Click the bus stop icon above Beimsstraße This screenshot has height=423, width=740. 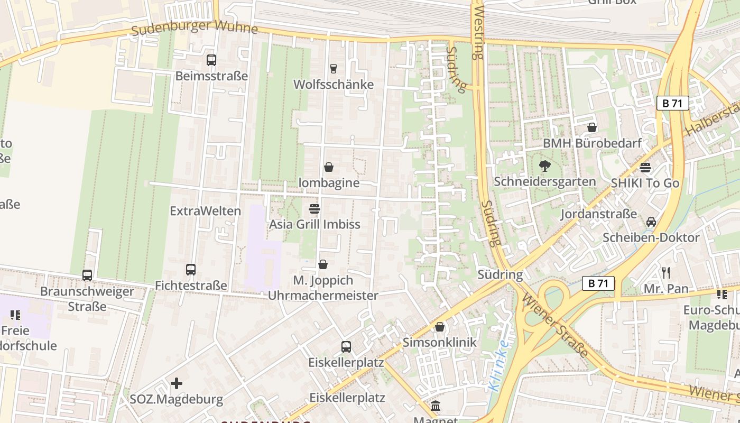[x=211, y=60]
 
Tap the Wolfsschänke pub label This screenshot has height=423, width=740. [x=333, y=85]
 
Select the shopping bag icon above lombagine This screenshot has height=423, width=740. [x=329, y=168]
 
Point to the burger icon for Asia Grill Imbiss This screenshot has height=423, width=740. [x=314, y=208]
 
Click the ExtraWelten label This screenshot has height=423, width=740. [x=205, y=211]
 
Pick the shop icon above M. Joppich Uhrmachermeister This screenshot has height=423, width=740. [x=323, y=264]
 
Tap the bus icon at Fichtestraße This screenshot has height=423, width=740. [x=191, y=270]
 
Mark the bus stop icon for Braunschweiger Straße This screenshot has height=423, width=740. [x=87, y=275]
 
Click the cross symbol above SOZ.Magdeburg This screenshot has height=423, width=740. [x=177, y=383]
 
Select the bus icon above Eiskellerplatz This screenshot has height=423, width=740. [x=346, y=347]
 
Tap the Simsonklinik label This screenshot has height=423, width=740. [x=439, y=342]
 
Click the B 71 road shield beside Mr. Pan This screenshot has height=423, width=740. [x=598, y=283]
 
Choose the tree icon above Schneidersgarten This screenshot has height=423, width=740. [x=544, y=166]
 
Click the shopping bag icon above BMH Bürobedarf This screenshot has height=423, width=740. [x=592, y=127]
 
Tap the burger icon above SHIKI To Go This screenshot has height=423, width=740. [x=645, y=168]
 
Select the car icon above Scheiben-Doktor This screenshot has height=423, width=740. [x=651, y=222]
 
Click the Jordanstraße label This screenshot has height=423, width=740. [x=598, y=214]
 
